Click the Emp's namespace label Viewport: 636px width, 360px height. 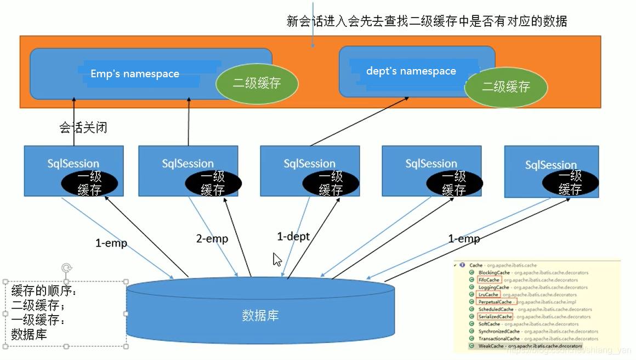click(x=135, y=74)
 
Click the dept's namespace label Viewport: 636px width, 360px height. click(x=411, y=71)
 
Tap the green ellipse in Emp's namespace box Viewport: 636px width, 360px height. click(x=257, y=84)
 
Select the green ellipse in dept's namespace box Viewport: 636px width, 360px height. click(x=506, y=87)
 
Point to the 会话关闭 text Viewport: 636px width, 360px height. click(x=83, y=128)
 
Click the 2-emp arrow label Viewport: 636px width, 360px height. click(x=212, y=239)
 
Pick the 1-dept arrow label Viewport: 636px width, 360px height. click(x=293, y=237)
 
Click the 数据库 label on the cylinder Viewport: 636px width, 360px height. click(x=260, y=315)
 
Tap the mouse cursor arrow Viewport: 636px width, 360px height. click(x=277, y=259)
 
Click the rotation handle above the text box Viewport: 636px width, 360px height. click(x=66, y=267)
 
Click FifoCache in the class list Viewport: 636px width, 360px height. click(x=489, y=280)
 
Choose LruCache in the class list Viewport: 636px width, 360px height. click(x=488, y=295)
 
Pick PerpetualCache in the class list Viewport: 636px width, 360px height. click(x=495, y=302)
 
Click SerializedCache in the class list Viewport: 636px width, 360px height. click(x=495, y=317)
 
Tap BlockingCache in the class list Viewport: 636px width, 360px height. click(x=494, y=272)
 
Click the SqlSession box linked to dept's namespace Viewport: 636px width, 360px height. click(x=310, y=170)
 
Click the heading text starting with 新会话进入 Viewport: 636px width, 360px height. click(x=427, y=21)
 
